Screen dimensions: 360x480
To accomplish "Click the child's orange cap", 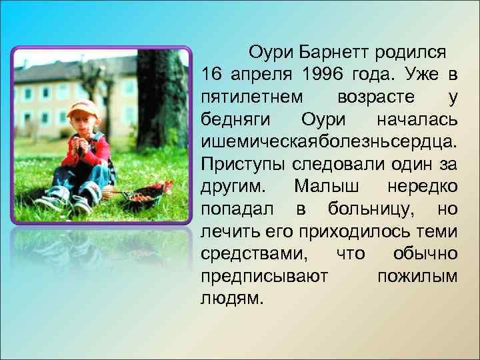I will [x=82, y=107].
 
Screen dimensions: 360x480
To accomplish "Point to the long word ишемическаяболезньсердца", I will [x=329, y=141].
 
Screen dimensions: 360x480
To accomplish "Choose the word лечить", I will [x=223, y=231].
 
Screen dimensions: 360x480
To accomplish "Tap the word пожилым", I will [x=417, y=277].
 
